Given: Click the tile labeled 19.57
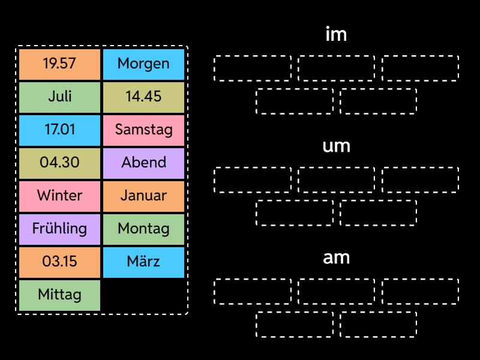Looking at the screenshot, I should coord(59,64).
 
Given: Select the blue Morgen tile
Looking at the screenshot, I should coord(143,64).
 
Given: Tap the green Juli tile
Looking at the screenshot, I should coord(59,97).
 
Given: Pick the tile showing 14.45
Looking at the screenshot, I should coord(143,97).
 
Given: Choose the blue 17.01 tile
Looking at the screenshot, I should coord(59,130).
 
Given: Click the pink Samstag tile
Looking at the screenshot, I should coord(143,130).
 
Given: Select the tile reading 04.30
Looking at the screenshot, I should coord(59,163).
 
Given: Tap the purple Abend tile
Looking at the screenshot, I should coord(143,163).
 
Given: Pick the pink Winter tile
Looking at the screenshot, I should coord(59,196).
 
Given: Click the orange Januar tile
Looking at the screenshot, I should coord(143,196).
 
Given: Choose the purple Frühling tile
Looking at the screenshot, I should coord(59,229).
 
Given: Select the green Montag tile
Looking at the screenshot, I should coord(143,229).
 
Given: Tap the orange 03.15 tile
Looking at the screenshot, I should coord(59,262).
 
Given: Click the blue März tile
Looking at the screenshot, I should coord(143,262).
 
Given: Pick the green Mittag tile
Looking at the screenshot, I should coord(59,295).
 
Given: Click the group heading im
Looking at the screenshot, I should coord(336,35).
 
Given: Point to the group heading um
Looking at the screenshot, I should coord(336,146).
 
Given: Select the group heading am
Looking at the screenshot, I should coord(336,258).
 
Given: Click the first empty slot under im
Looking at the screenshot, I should coord(253,68).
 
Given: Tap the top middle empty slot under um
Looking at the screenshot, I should coord(336,179).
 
